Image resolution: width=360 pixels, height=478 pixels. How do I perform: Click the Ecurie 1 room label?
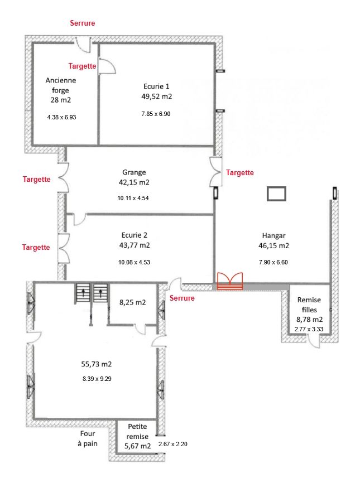156,86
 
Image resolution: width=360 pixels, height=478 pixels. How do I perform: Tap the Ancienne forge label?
60,85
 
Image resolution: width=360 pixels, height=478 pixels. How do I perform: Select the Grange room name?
134,172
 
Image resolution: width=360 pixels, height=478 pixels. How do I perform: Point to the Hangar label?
273,235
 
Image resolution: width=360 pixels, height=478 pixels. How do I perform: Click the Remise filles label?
309,305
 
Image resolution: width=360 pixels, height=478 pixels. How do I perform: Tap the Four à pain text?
88,438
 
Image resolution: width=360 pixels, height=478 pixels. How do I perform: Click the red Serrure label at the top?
83,23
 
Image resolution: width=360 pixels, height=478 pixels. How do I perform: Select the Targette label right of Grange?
240,172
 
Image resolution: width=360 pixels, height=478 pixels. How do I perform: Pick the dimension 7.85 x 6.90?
156,114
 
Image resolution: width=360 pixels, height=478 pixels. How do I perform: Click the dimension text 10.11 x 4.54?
133,198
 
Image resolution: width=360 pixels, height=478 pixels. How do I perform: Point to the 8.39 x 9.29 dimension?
97,379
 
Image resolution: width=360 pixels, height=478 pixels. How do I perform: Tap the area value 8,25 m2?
132,302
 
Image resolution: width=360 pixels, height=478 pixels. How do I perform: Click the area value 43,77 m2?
135,245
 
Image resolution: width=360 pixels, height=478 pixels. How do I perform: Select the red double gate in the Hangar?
230,281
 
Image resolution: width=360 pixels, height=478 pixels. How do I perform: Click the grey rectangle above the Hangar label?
276,194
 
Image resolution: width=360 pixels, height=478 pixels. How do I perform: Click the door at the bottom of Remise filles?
314,341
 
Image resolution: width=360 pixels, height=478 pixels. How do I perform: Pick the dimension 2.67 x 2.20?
172,444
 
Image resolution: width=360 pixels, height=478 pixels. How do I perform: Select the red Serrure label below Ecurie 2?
182,298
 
